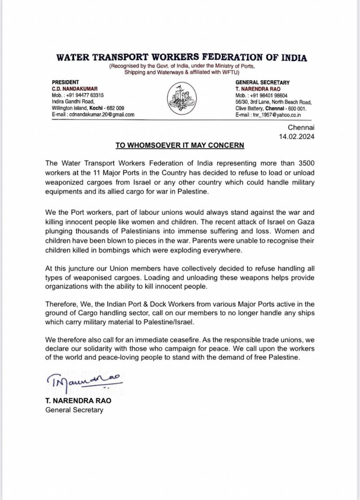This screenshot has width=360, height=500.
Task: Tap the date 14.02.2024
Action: (x=297, y=137)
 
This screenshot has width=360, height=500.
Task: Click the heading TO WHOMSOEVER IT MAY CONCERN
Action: (x=180, y=145)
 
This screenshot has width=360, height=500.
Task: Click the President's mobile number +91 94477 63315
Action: (x=83, y=95)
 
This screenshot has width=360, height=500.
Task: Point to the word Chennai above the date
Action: (x=301, y=128)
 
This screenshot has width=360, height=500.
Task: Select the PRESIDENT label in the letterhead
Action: (x=65, y=82)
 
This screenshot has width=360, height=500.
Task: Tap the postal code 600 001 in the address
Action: (x=297, y=109)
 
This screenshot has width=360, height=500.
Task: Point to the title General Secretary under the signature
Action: (x=74, y=410)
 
